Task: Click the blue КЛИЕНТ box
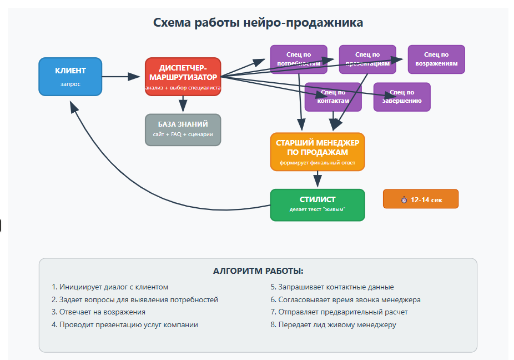point(70,77)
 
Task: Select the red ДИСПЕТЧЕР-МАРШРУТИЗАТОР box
point(183,76)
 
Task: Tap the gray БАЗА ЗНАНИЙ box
point(183,129)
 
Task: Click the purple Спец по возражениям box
point(436,59)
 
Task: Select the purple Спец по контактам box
point(333,97)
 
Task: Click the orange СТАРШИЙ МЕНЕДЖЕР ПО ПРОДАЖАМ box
point(317,151)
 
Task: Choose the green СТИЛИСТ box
point(317,204)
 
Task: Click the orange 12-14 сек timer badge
point(420,199)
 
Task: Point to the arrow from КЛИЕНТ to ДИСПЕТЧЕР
point(122,77)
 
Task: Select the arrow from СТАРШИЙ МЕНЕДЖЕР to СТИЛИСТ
point(317,179)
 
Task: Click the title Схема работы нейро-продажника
point(258,23)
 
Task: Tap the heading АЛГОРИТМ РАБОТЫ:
point(258,271)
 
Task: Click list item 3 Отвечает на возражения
point(98,312)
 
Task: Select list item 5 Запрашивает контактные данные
point(332,287)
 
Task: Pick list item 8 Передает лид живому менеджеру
point(333,325)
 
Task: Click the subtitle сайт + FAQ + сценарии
point(183,135)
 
